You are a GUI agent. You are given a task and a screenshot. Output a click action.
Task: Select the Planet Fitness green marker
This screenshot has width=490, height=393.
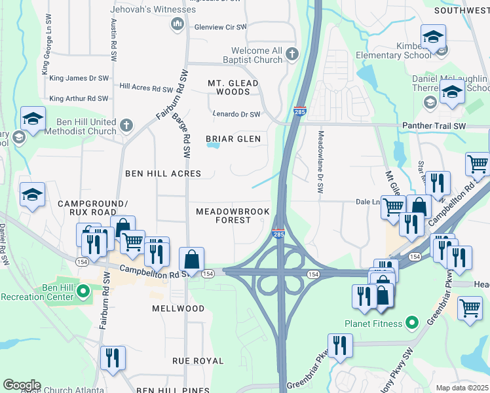411,323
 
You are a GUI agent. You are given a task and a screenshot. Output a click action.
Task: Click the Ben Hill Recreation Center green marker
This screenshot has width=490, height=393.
83,290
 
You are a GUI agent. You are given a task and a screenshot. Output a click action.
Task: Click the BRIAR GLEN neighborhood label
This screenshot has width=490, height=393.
233,139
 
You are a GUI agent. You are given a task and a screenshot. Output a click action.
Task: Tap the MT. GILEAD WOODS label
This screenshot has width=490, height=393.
233,87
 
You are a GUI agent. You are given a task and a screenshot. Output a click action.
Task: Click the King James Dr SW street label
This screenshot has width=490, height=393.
79,78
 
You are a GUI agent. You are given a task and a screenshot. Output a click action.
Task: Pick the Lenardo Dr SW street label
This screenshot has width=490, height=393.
236,115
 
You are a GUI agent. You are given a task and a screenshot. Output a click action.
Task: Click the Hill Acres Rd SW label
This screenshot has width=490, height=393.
146,87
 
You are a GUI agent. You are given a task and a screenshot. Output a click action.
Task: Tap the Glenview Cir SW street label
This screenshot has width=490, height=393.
220,27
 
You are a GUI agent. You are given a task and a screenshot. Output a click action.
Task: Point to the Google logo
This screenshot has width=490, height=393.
22,385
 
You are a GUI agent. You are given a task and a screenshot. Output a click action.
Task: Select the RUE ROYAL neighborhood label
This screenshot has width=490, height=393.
198,361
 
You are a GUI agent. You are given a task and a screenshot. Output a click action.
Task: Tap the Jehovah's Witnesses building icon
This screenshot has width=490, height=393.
177,25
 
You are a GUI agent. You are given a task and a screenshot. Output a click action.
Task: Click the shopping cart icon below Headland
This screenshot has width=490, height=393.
470,307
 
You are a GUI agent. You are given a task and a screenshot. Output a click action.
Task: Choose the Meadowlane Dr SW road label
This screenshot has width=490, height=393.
320,160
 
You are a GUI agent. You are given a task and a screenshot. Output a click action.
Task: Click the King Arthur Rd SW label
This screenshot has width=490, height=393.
79,98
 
